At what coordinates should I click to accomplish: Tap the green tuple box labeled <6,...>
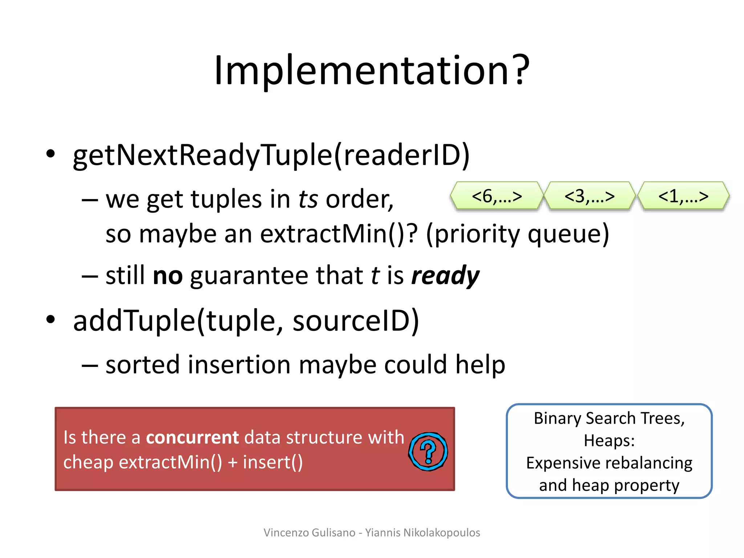[496, 196]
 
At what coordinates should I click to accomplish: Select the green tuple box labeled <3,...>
[589, 196]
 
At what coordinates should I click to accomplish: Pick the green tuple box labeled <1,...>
[683, 196]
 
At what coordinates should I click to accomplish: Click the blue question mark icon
[428, 452]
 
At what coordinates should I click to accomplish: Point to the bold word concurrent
[192, 437]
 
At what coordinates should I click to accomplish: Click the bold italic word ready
[445, 275]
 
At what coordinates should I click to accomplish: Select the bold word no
[167, 275]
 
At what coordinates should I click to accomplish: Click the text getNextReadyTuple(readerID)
[271, 155]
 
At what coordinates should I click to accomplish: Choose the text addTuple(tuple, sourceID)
[246, 321]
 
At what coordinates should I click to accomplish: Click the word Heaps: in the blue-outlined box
[609, 441]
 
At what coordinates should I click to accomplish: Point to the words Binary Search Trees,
[609, 418]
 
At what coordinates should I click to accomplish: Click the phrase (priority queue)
[517, 234]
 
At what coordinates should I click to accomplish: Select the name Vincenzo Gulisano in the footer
[309, 533]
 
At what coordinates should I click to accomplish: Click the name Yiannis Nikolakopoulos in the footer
[422, 533]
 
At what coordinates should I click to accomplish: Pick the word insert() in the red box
[272, 462]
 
